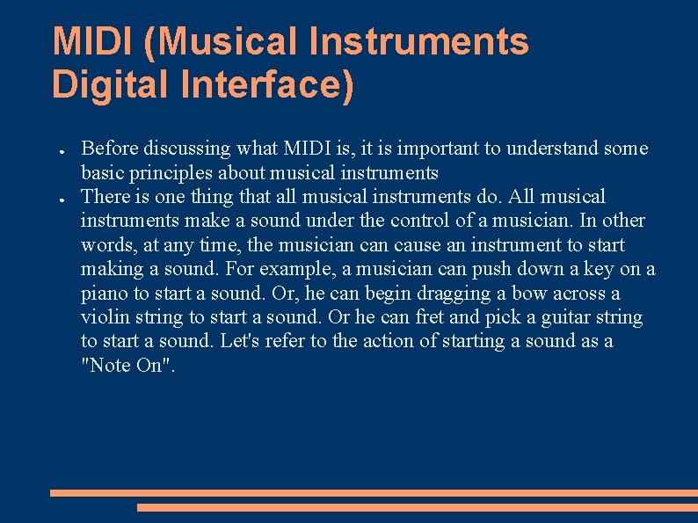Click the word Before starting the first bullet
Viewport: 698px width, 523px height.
pyautogui.click(x=109, y=148)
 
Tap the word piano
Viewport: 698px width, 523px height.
pyautogui.click(x=104, y=293)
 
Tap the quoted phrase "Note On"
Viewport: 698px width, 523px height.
pyautogui.click(x=128, y=366)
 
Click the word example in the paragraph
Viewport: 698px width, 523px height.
pyautogui.click(x=283, y=269)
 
